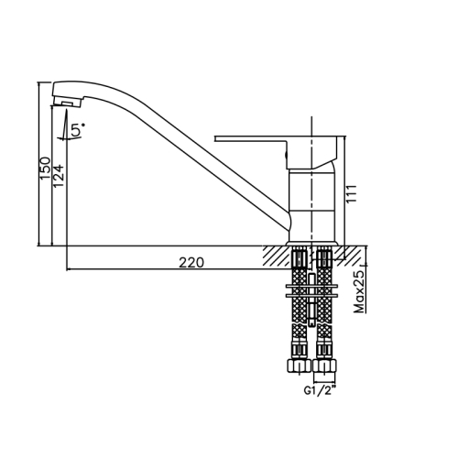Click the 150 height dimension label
point(45,169)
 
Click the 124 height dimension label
point(59,176)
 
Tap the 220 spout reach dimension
point(191,263)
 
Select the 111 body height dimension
point(352,193)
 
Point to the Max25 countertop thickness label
point(359,291)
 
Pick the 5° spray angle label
point(78,129)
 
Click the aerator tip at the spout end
point(68,102)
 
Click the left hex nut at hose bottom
point(299,365)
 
